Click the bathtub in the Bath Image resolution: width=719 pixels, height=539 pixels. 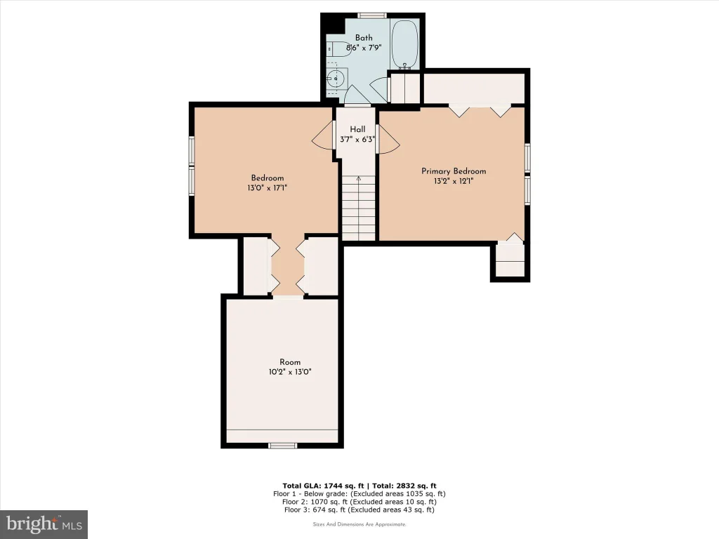tap(404, 44)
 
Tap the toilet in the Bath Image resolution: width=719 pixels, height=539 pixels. tap(338, 48)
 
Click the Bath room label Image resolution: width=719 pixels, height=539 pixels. tap(364, 38)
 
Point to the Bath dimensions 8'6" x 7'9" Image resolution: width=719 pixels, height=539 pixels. tap(364, 47)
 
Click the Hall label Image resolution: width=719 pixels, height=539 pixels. tap(357, 129)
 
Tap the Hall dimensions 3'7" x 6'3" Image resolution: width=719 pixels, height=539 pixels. tap(357, 140)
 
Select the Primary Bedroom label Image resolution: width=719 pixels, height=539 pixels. tap(454, 171)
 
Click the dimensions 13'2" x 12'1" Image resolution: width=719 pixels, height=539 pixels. tap(454, 181)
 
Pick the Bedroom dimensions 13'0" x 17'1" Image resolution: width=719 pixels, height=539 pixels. tap(268, 187)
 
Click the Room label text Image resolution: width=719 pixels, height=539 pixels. tap(290, 362)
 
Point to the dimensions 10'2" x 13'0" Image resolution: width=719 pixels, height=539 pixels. tap(290, 372)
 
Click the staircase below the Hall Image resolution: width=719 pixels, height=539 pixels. tap(359, 208)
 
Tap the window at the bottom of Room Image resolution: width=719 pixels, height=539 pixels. tap(282, 445)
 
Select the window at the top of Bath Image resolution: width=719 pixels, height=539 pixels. tap(372, 15)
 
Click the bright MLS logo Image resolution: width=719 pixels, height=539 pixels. tap(44, 524)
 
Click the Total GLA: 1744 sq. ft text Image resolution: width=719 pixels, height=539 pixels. tap(323, 486)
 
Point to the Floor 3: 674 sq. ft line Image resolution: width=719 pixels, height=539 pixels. tap(359, 510)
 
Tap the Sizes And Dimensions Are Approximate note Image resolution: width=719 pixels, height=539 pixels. tap(359, 524)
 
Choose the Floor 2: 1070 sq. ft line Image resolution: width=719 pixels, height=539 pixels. tap(359, 501)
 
